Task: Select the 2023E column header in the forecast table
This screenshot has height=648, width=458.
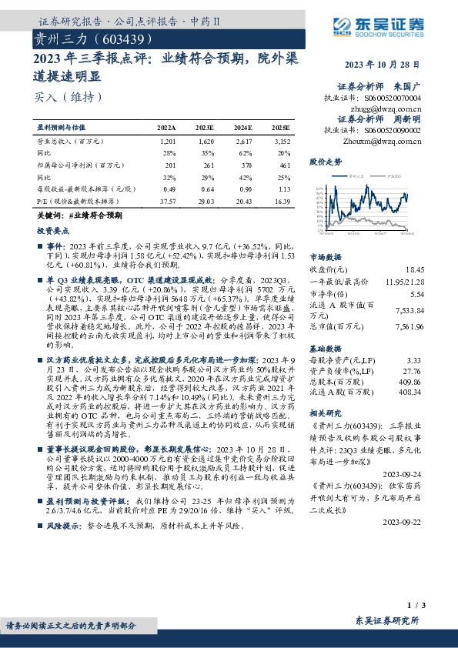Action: [205, 127]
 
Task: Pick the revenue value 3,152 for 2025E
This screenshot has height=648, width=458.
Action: [282, 142]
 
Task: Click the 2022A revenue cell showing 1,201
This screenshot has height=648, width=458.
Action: [168, 142]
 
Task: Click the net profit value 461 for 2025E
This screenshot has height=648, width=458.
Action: [283, 165]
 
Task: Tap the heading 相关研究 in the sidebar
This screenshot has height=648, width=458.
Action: [325, 412]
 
